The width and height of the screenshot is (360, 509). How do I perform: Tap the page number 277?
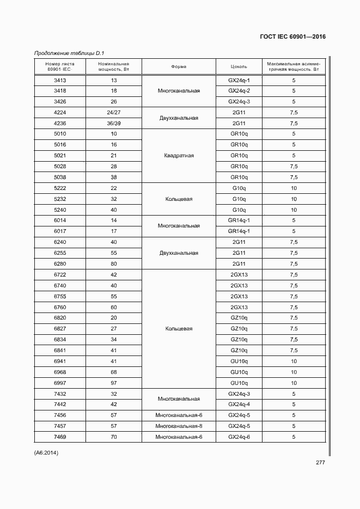click(320, 463)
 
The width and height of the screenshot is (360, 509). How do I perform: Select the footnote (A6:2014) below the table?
click(46, 452)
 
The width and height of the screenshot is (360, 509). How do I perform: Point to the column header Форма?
click(179, 67)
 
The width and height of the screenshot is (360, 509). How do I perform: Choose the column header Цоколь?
click(239, 67)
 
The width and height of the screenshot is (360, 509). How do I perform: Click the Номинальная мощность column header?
click(114, 67)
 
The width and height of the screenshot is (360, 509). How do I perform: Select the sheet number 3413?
click(60, 80)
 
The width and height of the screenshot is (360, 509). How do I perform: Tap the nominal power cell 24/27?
click(114, 112)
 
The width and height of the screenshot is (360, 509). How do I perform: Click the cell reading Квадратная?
click(179, 156)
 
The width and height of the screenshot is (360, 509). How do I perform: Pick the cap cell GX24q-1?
click(239, 80)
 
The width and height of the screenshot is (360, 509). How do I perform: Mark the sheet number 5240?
click(60, 210)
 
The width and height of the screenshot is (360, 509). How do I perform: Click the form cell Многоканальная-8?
click(179, 426)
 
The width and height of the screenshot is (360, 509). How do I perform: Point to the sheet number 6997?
click(60, 383)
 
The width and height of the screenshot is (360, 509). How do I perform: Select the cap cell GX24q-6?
click(239, 437)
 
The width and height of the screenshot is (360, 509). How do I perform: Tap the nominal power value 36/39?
click(114, 123)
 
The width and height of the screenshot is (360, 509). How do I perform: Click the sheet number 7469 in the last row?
click(60, 437)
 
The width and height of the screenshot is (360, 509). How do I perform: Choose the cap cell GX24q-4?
click(239, 404)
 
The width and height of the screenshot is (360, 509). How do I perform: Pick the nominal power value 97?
click(114, 383)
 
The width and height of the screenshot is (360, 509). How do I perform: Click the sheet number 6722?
click(60, 275)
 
